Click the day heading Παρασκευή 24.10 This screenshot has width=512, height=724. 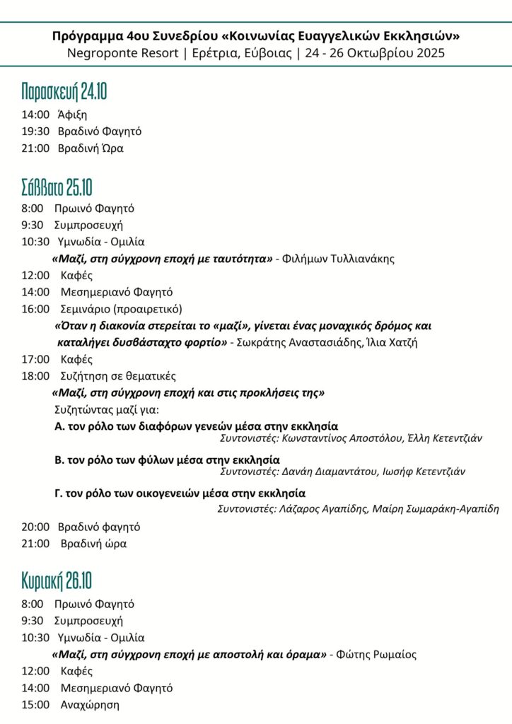point(64,92)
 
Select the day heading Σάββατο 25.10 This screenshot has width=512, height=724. point(57,187)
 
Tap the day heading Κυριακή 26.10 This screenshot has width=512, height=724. point(57,582)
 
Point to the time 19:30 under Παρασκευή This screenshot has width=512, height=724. point(35,131)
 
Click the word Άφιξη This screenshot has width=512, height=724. point(72,114)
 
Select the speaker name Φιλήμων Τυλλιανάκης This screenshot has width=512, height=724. point(338,259)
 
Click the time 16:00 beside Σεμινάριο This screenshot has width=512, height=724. point(35,309)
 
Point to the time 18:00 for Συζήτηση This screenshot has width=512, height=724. point(35,376)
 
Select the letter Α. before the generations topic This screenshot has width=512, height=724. point(60,426)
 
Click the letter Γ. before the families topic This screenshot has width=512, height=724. point(59,494)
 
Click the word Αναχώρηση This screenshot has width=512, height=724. point(90,705)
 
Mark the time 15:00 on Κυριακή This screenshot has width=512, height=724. point(35,705)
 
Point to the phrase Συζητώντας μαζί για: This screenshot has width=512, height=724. point(107,409)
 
